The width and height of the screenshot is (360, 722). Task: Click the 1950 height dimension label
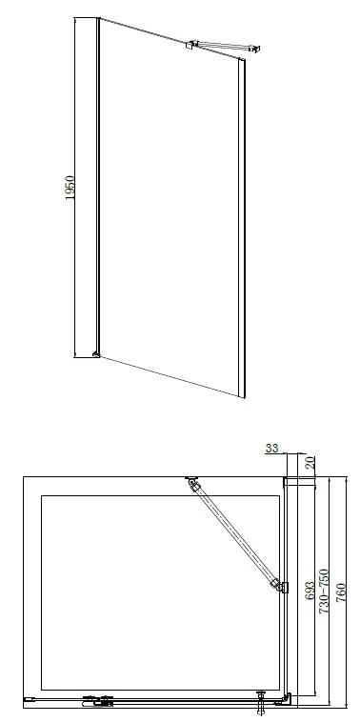pyautogui.click(x=70, y=187)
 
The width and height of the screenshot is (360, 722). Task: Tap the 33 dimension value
pyautogui.click(x=272, y=448)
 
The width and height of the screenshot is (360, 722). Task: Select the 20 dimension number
pyautogui.click(x=311, y=462)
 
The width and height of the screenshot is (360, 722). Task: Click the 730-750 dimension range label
pyautogui.click(x=325, y=591)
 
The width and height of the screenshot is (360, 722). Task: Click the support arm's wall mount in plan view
pyautogui.click(x=191, y=479)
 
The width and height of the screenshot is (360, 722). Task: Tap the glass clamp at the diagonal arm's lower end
pyautogui.click(x=280, y=586)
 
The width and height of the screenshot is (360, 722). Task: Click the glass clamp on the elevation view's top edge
pyautogui.click(x=190, y=45)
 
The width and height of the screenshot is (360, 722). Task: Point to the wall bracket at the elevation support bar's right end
pyautogui.click(x=255, y=49)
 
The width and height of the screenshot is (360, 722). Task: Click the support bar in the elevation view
pyautogui.click(x=222, y=46)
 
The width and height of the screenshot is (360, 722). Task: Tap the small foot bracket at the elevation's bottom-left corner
pyautogui.click(x=96, y=353)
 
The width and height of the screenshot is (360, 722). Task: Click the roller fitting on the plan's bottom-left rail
pyautogui.click(x=97, y=701)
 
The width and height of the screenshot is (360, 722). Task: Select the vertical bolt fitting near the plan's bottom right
pyautogui.click(x=262, y=701)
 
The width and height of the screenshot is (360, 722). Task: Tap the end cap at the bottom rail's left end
pyautogui.click(x=29, y=699)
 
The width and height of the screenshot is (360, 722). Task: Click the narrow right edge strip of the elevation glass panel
pyautogui.click(x=242, y=228)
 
